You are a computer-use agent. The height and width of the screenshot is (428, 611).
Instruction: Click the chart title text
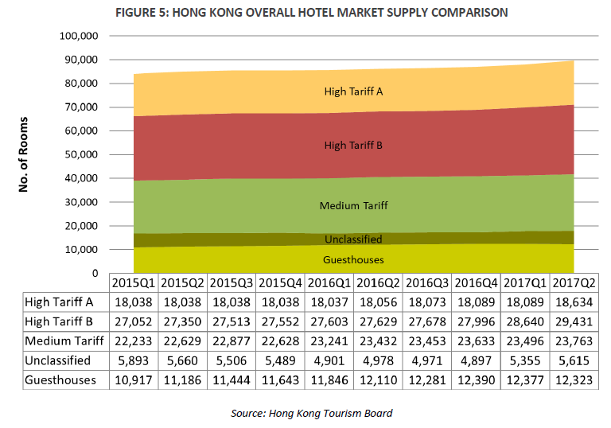pyautogui.click(x=311, y=13)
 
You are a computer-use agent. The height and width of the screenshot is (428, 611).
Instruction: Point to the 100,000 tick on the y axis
pyautogui.click(x=78, y=37)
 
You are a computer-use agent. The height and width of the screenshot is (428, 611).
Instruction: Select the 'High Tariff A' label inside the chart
pyautogui.click(x=353, y=91)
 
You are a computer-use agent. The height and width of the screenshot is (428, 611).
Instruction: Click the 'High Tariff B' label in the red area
pyautogui.click(x=353, y=146)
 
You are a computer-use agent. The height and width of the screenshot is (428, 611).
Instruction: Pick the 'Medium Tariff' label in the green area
pyautogui.click(x=353, y=206)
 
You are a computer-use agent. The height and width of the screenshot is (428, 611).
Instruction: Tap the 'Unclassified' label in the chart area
pyautogui.click(x=353, y=239)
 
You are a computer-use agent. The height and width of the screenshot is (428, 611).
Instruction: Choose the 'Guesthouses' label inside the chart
pyautogui.click(x=353, y=260)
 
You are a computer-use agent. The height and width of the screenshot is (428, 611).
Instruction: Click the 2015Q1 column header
pyautogui.click(x=134, y=283)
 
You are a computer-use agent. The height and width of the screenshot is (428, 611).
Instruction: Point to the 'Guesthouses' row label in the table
pyautogui.click(x=60, y=379)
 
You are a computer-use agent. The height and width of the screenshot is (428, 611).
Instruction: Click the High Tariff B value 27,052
pyautogui.click(x=134, y=321)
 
